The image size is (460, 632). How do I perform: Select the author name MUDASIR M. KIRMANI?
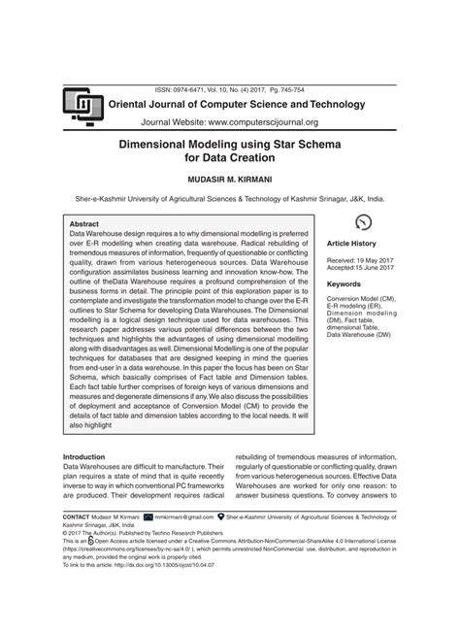pyautogui.click(x=230, y=181)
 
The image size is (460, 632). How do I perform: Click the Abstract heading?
pyautogui.click(x=84, y=223)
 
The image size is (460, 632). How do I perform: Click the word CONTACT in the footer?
pyautogui.click(x=76, y=518)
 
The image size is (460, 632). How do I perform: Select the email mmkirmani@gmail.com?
pyautogui.click(x=185, y=518)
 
